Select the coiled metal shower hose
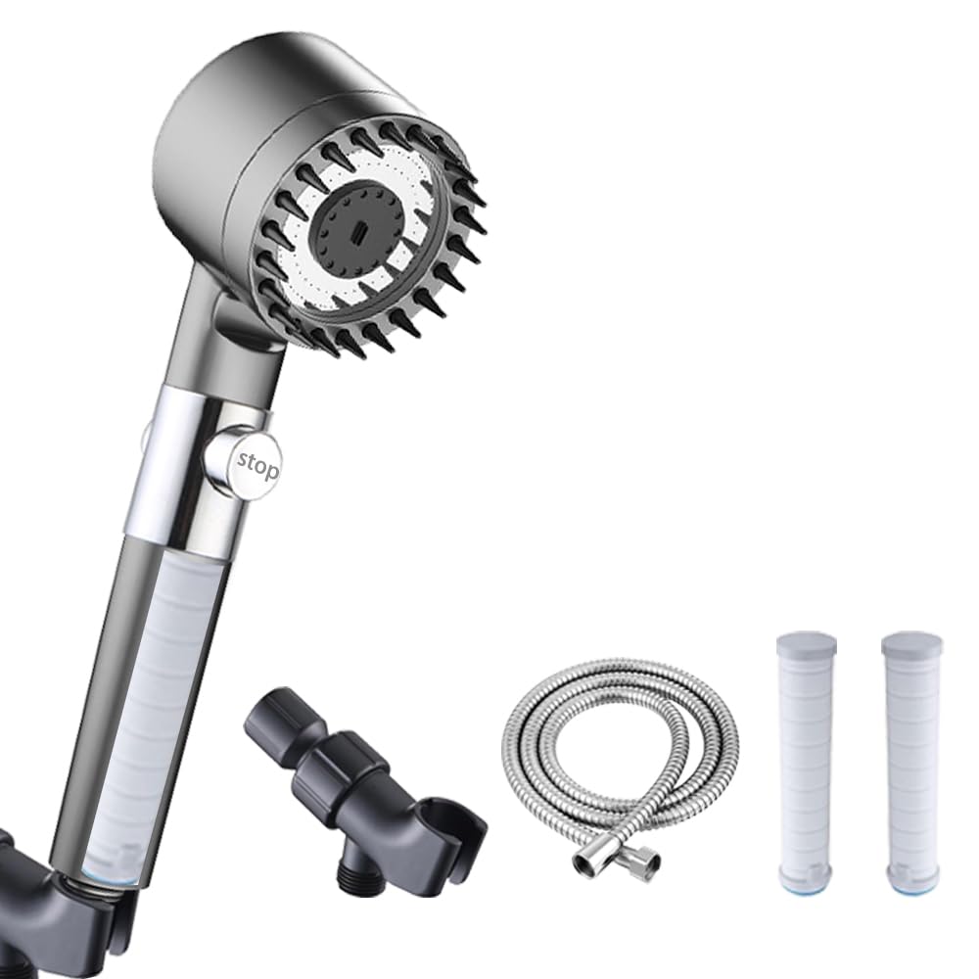point(620,763)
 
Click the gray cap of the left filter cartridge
point(806,649)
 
